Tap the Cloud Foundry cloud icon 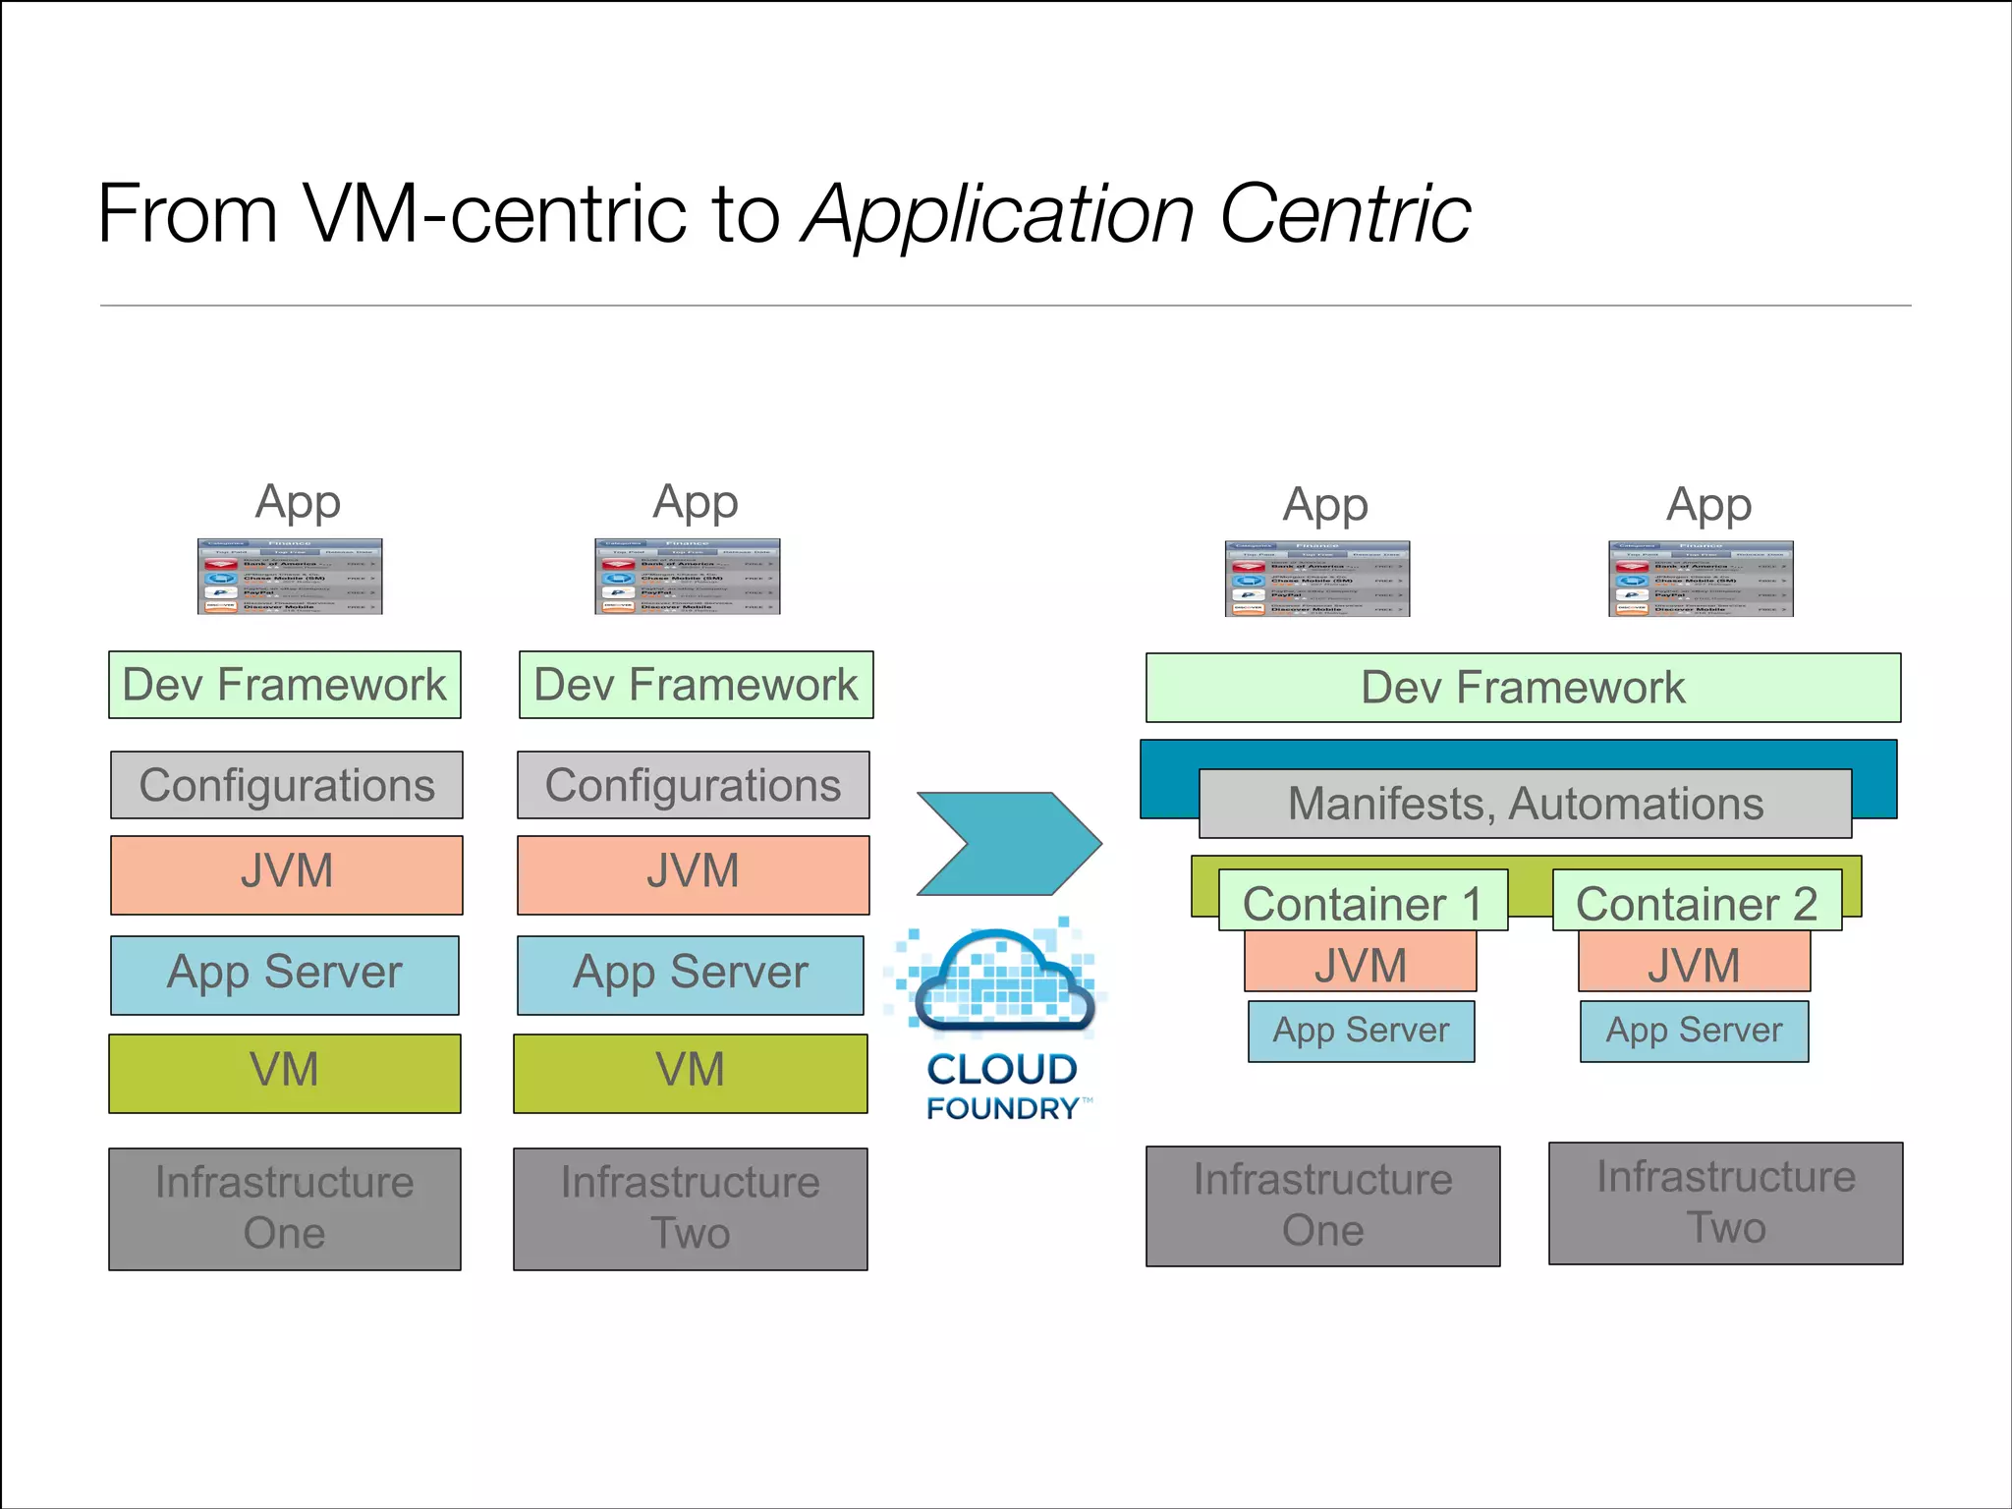[1002, 982]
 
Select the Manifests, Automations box [1525, 804]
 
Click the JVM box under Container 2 [1694, 963]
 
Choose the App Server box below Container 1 [1361, 1031]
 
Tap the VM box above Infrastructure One [285, 1072]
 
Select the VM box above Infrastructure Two [690, 1072]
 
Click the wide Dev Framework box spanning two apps [1523, 688]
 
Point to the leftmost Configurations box [286, 785]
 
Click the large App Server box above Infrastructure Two [690, 975]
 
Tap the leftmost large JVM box [286, 874]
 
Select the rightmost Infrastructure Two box [1725, 1202]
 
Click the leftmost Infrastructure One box [285, 1208]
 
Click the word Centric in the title [1345, 214]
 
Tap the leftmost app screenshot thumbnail [290, 577]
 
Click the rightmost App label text [1708, 505]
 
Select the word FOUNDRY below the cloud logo [1002, 1108]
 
